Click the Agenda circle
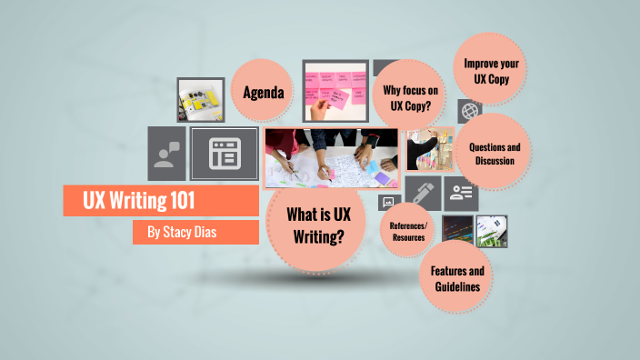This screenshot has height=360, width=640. coord(264,93)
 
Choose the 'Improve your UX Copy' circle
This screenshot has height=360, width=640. coord(490,71)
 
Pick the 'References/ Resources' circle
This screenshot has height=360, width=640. coord(408,231)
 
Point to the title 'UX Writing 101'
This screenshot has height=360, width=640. coord(150,200)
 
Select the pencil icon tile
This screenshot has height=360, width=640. coord(423,194)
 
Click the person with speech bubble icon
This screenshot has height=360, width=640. coord(166,154)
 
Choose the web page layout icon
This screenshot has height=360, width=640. coord(223,154)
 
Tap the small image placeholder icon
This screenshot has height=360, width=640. coord(389,202)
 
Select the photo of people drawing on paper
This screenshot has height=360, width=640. coord(331,156)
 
